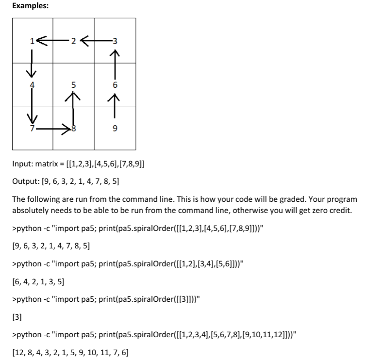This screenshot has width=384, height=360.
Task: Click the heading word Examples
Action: pyautogui.click(x=30, y=6)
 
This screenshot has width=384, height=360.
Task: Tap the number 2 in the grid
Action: pyautogui.click(x=73, y=41)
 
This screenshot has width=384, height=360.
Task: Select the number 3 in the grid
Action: pyautogui.click(x=114, y=41)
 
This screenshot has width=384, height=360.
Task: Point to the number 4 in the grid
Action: pyautogui.click(x=32, y=84)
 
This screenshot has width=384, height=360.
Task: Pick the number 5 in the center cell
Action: pyautogui.click(x=73, y=84)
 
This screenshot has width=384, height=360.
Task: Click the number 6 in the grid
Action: pyautogui.click(x=114, y=84)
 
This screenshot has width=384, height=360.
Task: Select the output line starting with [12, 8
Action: pyautogui.click(x=70, y=353)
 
